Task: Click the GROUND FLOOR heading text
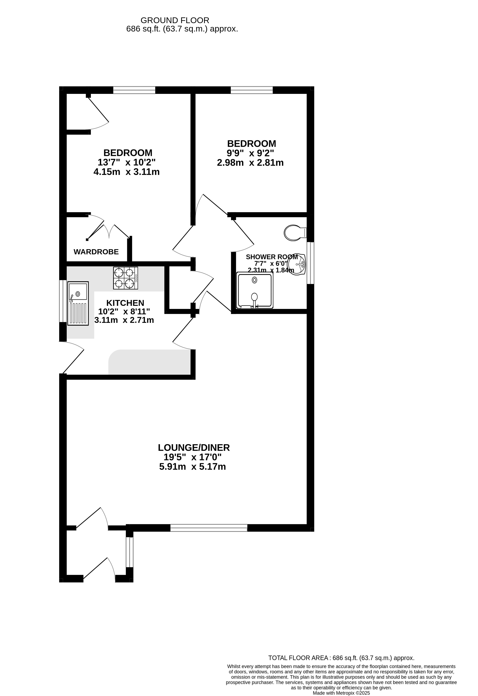tap(175, 20)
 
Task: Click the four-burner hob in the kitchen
tap(125, 278)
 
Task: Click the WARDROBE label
tap(96, 252)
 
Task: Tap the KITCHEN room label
tap(125, 303)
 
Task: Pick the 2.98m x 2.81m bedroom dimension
tap(250, 163)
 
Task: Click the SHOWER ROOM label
tap(272, 257)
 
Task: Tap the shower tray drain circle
tap(254, 280)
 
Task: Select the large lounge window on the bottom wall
tap(209, 528)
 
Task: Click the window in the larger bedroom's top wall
tap(134, 90)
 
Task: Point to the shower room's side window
tap(310, 263)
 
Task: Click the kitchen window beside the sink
tap(63, 301)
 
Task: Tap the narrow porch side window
tap(130, 552)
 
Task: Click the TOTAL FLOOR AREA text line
tap(341, 658)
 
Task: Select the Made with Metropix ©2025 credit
tap(341, 693)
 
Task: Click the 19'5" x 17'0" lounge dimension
tap(192, 457)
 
